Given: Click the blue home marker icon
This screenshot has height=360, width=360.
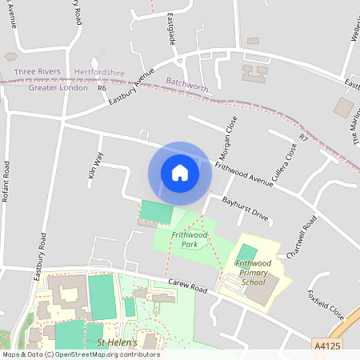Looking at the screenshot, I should (180, 173).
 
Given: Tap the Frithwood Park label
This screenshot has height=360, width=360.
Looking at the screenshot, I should (185, 240).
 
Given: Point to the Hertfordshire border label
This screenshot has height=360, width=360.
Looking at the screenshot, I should (99, 72).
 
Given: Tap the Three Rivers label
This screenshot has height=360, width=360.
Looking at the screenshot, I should (37, 72).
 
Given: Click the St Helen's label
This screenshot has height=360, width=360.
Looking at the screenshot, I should (118, 342).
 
